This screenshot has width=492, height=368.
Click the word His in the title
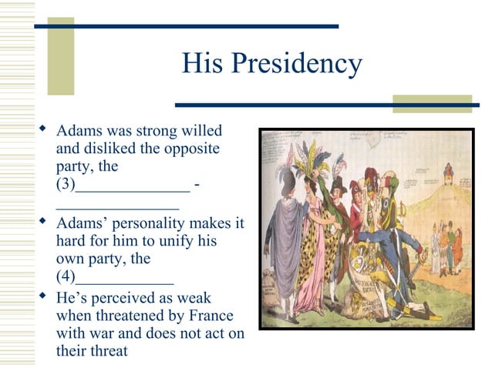[202, 63]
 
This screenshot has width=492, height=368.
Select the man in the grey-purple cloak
[285, 239]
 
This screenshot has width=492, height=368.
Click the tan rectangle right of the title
[432, 103]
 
